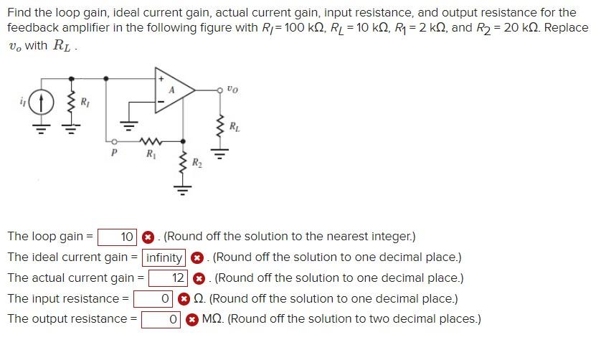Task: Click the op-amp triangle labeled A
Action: (174, 90)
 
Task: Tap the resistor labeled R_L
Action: (221, 128)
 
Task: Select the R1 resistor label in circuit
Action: (150, 153)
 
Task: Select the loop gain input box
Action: (118, 237)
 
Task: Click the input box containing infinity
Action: (165, 257)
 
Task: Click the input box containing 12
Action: (169, 278)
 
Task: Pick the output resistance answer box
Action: (161, 319)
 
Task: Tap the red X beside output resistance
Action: (191, 320)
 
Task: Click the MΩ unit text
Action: (213, 319)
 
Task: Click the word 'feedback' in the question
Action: (31, 27)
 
